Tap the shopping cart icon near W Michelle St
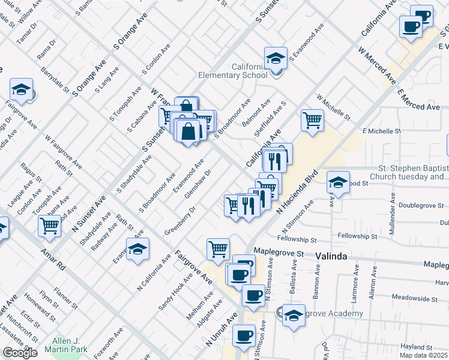(x=312, y=120)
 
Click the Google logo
(x=20, y=353)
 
